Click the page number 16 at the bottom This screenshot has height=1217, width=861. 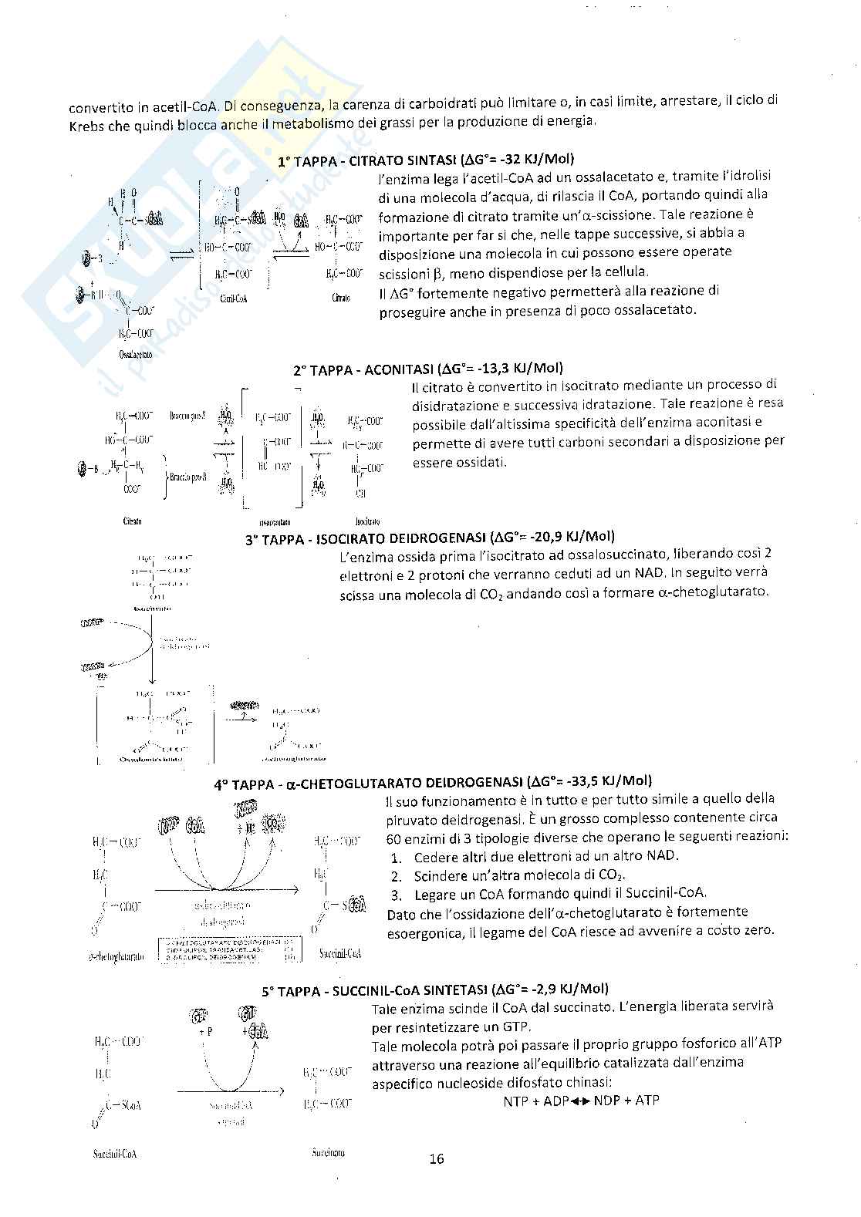pos(437,1158)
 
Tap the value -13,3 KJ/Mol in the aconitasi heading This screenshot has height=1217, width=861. pos(525,369)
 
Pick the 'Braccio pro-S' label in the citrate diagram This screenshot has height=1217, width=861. pos(187,416)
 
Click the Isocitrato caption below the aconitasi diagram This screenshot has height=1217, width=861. pos(366,520)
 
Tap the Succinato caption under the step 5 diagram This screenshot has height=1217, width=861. pos(329,1152)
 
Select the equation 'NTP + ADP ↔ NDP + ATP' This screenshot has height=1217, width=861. pos(581,1101)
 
